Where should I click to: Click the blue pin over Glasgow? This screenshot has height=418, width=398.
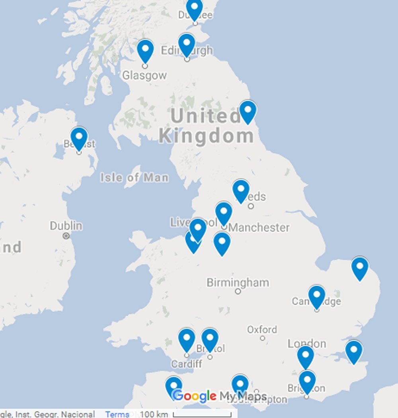(x=145, y=50)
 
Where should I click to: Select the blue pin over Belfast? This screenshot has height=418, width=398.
(x=79, y=137)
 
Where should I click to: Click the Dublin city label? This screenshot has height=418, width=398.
(x=66, y=226)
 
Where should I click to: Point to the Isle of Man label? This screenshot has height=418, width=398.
(x=134, y=177)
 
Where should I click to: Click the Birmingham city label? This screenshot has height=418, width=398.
(x=238, y=283)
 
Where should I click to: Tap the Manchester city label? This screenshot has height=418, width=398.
(x=259, y=228)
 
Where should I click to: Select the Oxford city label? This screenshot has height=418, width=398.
(x=262, y=330)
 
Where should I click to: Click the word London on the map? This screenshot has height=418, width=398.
(x=307, y=344)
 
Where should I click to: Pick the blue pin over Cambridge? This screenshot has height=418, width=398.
(x=317, y=296)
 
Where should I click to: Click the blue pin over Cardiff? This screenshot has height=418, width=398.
(x=187, y=339)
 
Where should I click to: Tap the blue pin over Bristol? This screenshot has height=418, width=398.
(x=210, y=339)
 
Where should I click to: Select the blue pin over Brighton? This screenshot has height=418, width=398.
(x=307, y=381)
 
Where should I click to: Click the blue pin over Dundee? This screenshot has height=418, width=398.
(x=195, y=9)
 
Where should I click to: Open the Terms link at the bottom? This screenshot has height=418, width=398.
(x=117, y=414)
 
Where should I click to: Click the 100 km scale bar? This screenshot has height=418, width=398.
(x=202, y=414)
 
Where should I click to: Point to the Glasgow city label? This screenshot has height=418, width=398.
(x=144, y=75)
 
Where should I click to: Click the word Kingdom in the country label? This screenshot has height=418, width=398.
(x=206, y=136)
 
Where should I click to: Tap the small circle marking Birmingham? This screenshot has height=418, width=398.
(x=238, y=291)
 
